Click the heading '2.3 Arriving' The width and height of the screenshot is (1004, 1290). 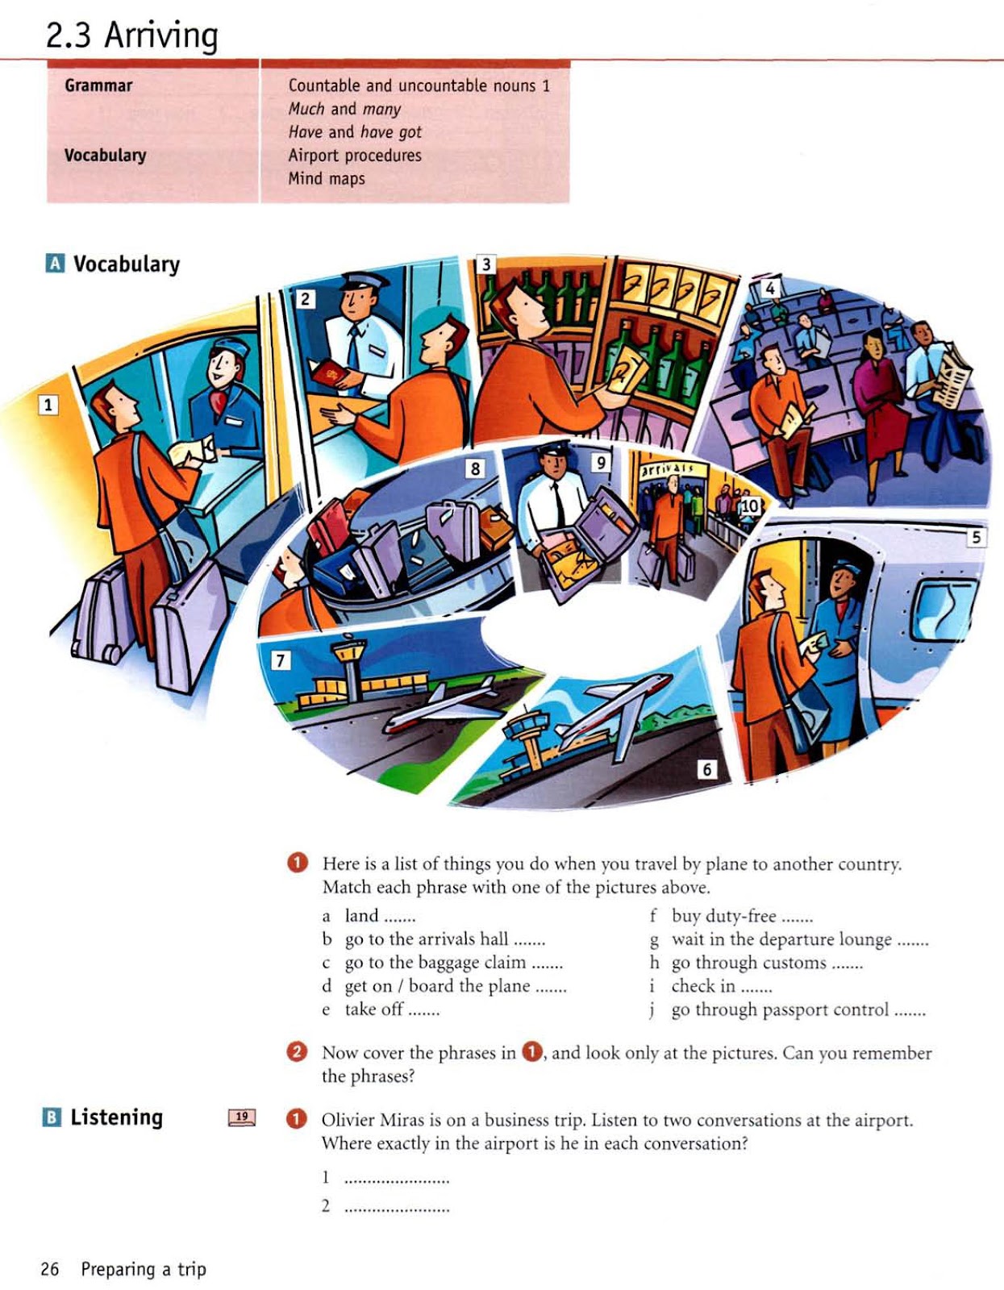131,35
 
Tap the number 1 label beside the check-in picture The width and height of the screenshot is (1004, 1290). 48,404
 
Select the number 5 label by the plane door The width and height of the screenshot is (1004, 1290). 976,537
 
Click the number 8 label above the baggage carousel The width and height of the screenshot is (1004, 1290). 475,468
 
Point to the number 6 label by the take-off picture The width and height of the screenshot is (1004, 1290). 706,768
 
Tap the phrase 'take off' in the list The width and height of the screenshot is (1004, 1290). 374,1009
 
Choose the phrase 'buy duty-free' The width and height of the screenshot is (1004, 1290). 723,916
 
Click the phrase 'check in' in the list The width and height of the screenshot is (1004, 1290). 703,986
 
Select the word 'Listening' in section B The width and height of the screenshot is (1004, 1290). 117,1117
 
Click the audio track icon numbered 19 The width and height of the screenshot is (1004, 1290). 242,1117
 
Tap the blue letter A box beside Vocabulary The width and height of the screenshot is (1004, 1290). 55,264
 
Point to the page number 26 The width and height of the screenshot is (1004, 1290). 50,1269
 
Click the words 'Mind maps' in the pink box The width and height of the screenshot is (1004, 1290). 327,178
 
